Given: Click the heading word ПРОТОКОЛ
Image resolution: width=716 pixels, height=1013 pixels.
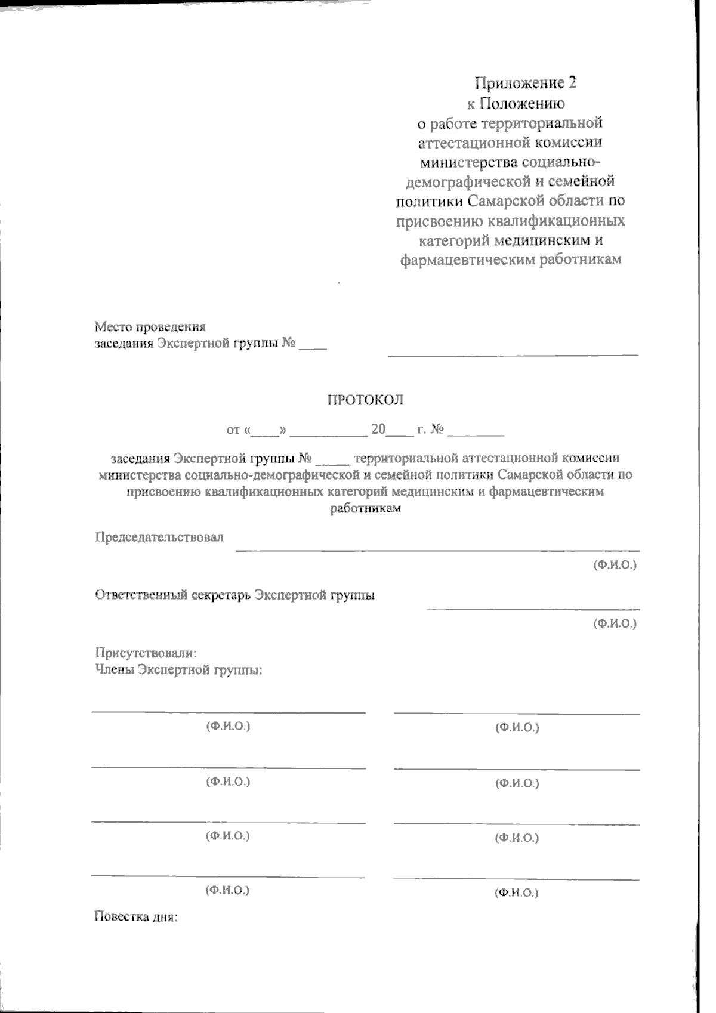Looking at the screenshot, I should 365,400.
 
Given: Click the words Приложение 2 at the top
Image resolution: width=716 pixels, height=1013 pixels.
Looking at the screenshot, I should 525,82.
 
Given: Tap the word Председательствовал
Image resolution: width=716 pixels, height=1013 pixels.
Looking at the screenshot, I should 159,537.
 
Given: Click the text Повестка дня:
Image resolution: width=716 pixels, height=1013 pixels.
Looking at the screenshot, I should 137,916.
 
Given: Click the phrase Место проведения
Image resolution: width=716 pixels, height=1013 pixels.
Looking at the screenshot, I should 150,326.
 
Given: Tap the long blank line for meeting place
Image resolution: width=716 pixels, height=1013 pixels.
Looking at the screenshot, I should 513,354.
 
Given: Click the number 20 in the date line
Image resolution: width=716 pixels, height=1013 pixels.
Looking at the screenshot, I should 378,430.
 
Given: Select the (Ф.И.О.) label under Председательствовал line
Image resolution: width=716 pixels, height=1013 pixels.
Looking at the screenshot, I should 615,564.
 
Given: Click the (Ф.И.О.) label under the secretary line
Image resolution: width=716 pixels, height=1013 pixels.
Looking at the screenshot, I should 615,623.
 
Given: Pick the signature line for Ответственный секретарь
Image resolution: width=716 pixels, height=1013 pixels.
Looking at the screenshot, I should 533,609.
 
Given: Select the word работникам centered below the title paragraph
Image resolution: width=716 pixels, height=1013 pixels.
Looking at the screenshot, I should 365,509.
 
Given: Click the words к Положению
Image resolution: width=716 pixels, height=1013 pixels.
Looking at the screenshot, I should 516,103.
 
